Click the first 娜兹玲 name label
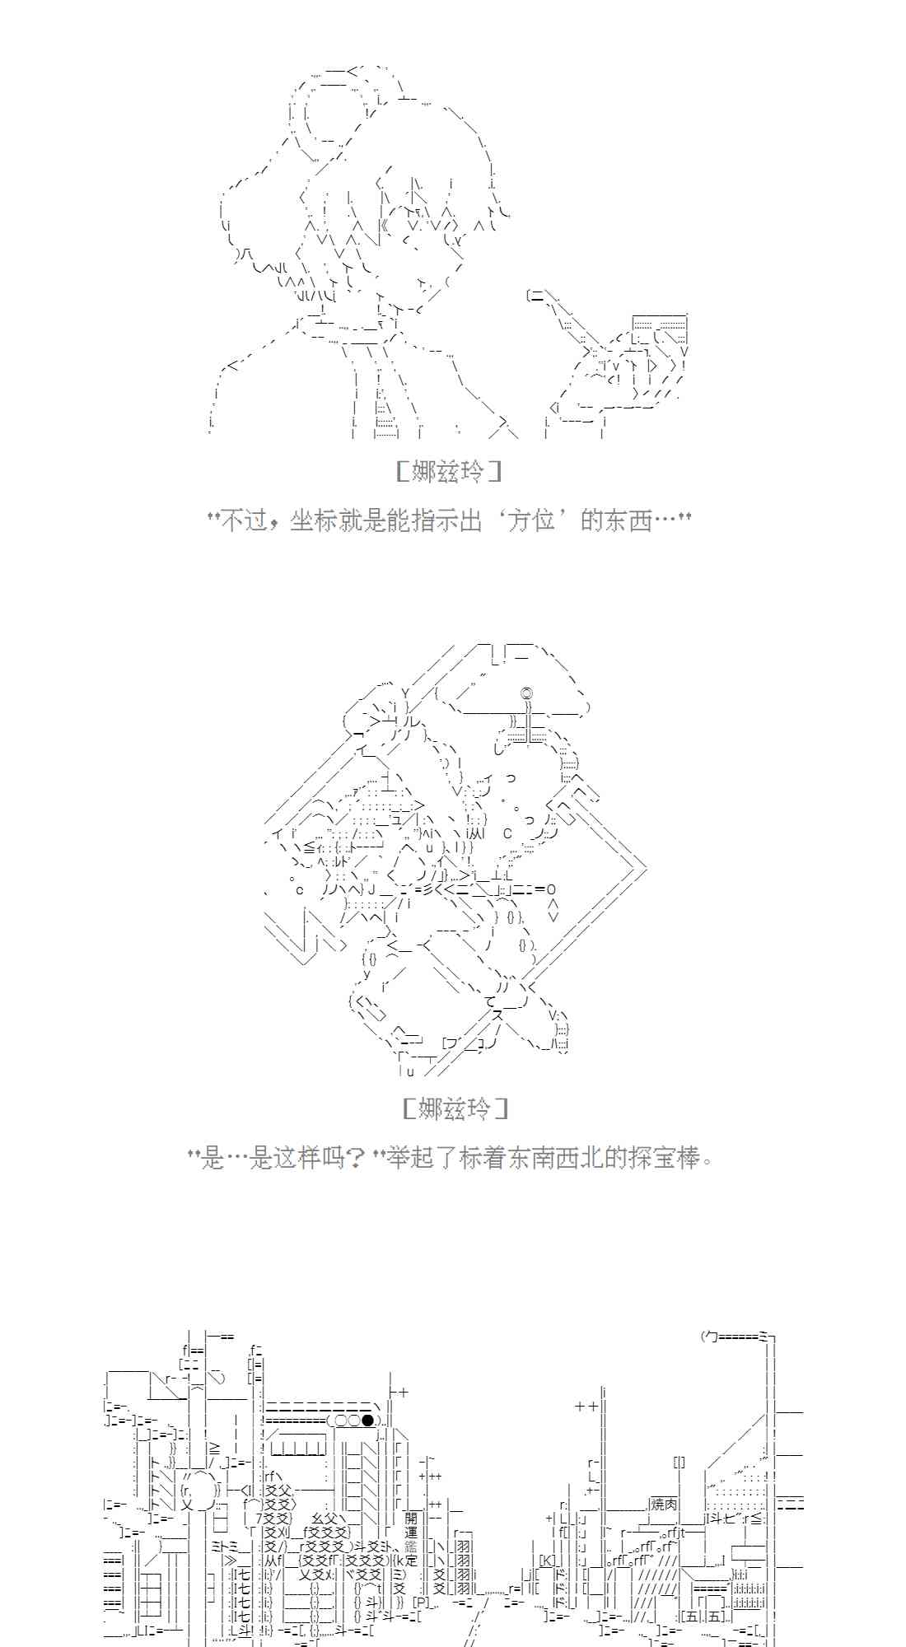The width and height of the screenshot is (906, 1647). point(448,471)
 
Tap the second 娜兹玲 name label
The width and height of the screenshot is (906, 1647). point(455,1108)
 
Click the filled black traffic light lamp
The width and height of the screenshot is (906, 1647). point(367,1420)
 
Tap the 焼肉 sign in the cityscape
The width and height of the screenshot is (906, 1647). point(664,1504)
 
